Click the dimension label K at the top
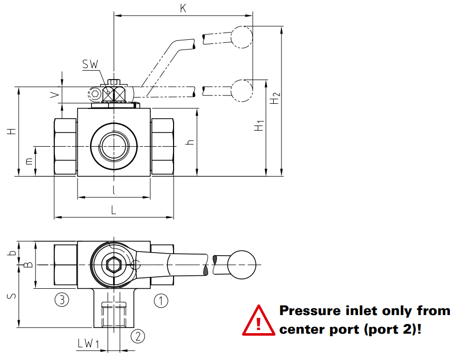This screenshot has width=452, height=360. (x=183, y=8)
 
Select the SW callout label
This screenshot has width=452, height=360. (x=90, y=65)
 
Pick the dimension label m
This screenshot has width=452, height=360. (x=29, y=161)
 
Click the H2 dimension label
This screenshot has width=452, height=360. (x=275, y=98)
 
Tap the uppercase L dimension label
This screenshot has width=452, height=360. (x=114, y=210)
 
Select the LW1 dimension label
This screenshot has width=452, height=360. (x=88, y=342)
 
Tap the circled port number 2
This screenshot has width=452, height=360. (x=137, y=336)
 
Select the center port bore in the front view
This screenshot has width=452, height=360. (x=114, y=147)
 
